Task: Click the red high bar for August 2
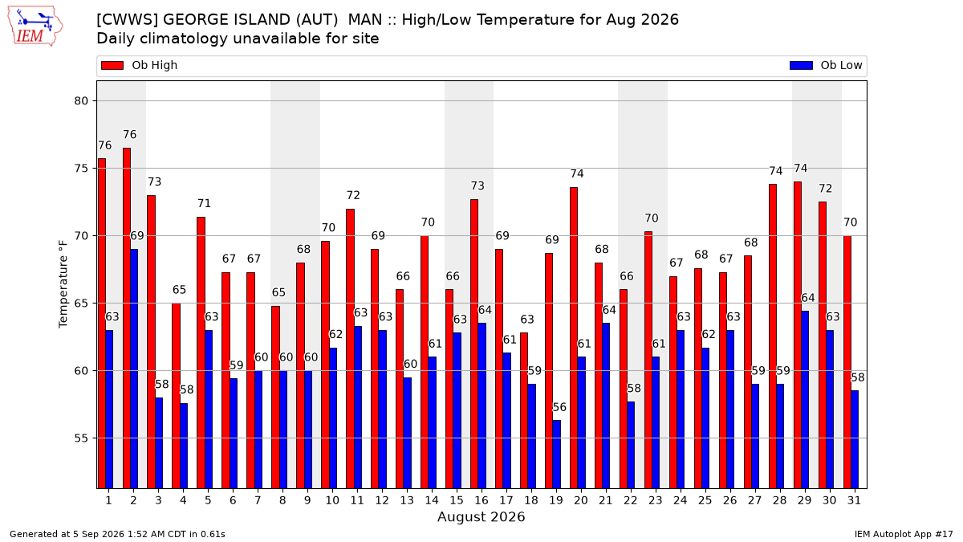click(127, 318)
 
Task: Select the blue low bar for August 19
click(557, 454)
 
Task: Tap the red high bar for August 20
click(574, 338)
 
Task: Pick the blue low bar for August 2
click(134, 369)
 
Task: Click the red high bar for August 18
click(524, 410)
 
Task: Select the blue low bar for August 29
click(805, 400)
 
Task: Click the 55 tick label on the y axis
click(81, 438)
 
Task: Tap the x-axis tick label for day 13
click(407, 501)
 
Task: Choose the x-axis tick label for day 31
click(854, 501)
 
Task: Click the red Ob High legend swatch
click(112, 65)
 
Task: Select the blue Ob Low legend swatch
click(802, 65)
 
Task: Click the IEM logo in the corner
click(35, 26)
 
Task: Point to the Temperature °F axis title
click(63, 284)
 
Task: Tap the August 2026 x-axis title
click(481, 516)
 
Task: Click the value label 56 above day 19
click(559, 407)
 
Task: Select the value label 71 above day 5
click(204, 203)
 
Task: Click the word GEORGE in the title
click(197, 20)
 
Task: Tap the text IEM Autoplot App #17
click(904, 534)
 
